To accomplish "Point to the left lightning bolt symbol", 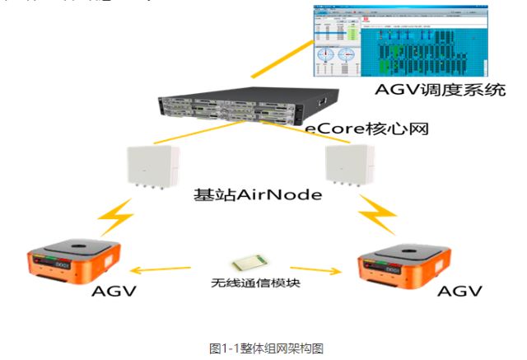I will pos(114,220).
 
